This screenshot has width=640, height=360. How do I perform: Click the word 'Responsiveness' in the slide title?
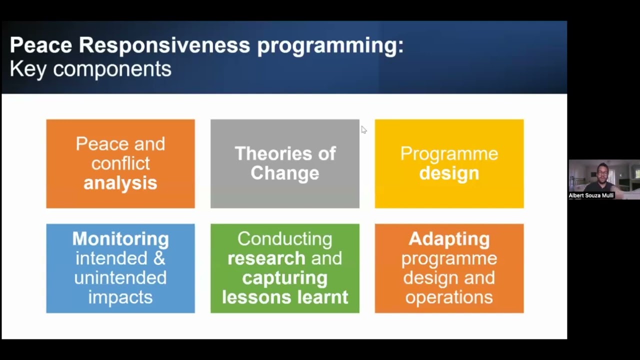tap(164, 45)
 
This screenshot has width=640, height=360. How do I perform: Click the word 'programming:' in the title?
tap(330, 45)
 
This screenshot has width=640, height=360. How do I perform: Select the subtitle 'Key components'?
tap(90, 69)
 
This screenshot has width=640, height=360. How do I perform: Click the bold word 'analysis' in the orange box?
tap(120, 183)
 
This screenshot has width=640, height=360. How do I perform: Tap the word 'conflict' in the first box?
tap(120, 163)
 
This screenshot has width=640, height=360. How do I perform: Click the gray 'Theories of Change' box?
tap(284, 163)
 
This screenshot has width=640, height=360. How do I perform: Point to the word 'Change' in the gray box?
tap(284, 173)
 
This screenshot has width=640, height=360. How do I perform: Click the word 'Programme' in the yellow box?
tap(449, 153)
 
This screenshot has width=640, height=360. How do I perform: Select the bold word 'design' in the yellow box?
tap(449, 173)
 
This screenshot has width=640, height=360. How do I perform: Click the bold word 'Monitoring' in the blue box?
tap(120, 238)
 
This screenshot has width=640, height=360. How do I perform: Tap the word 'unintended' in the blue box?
tap(120, 277)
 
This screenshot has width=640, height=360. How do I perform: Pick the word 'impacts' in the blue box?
tap(120, 297)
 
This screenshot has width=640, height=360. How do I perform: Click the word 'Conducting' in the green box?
tap(284, 238)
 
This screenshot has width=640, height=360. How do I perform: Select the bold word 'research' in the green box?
tap(266, 258)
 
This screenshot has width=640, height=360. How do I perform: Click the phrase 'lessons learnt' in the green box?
tap(284, 297)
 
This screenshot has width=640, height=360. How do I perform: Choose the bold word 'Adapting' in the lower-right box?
tap(449, 238)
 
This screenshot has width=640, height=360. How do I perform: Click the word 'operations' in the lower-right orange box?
tap(449, 297)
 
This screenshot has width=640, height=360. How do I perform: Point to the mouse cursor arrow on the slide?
tap(363, 129)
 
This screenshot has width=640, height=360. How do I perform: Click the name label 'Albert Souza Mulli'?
tap(591, 195)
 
